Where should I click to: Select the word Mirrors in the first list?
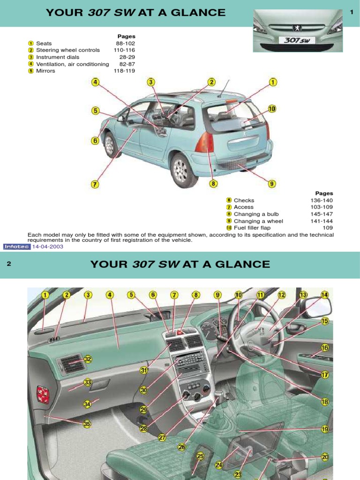click(x=45, y=71)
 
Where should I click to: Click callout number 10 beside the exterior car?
click(x=272, y=109)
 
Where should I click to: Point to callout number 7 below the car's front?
click(x=95, y=184)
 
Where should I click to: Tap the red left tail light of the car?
click(x=205, y=142)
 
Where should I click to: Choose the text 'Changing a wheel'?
click(x=258, y=221)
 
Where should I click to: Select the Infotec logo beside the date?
click(x=17, y=247)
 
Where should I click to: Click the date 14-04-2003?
click(x=47, y=247)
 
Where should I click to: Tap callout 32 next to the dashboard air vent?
click(x=87, y=359)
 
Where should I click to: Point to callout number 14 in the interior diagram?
click(x=325, y=295)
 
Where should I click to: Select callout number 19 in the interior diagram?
click(x=325, y=429)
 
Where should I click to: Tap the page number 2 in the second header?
click(x=8, y=264)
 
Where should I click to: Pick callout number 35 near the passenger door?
click(x=87, y=424)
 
